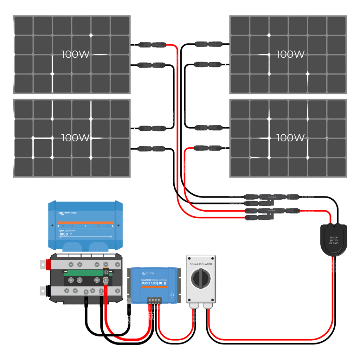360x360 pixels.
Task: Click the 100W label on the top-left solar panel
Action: [75, 54]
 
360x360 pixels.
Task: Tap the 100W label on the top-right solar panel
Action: [290, 54]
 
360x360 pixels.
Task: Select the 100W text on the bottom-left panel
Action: [75, 138]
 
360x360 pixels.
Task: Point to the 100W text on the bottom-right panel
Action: [290, 138]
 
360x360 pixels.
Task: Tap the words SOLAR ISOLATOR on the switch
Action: [201, 264]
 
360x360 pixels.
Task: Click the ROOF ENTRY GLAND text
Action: [334, 240]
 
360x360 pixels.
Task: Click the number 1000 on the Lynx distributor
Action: [64, 234]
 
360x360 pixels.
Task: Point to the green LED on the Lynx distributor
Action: [85, 226]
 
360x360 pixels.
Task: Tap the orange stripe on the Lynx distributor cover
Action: [85, 223]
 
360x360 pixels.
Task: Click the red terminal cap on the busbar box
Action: [44, 264]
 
